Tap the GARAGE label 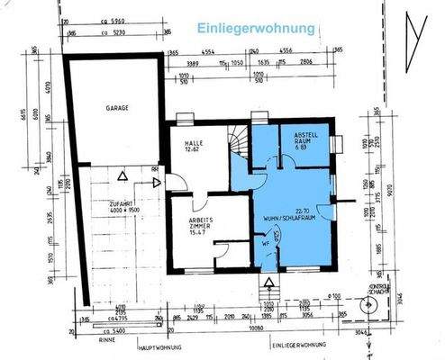pyautogui.click(x=117, y=108)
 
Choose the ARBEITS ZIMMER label pyautogui.click(x=189, y=220)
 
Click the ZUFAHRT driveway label pyautogui.click(x=122, y=205)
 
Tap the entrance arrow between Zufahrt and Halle pyautogui.click(x=157, y=183)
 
